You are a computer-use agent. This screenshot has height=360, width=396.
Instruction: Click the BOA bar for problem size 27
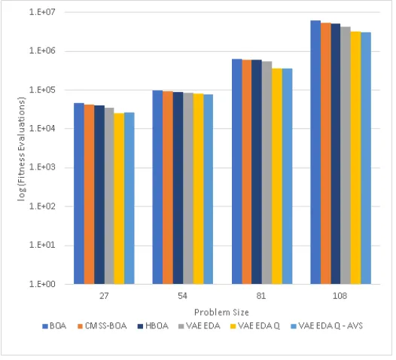click(x=80, y=195)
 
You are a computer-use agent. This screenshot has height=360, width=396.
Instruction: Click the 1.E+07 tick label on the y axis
click(x=43, y=12)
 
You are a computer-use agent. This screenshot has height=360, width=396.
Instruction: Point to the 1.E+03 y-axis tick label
click(x=43, y=169)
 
